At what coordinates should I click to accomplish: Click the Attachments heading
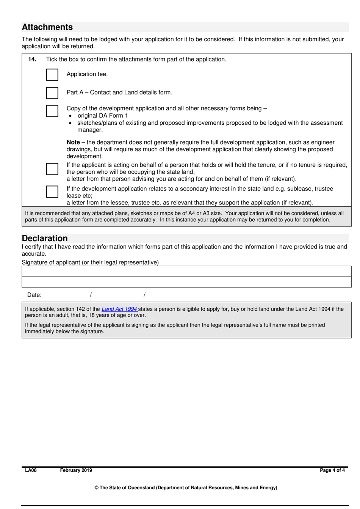[x=47, y=27]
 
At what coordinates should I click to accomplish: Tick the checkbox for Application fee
[x=52, y=75]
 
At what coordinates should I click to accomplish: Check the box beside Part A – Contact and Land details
[x=52, y=93]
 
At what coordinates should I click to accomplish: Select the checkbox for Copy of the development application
[x=52, y=111]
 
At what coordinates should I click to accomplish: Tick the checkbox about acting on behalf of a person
[x=52, y=169]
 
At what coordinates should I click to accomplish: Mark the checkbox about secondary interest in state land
[x=52, y=192]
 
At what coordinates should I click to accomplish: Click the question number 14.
[x=32, y=60]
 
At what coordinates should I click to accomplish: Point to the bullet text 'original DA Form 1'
[x=103, y=116]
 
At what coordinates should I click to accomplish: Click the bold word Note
[x=73, y=142]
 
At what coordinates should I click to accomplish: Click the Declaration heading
[x=45, y=238]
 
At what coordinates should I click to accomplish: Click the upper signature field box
[x=186, y=271]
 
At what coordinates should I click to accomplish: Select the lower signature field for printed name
[x=186, y=282]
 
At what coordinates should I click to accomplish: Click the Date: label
[x=34, y=295]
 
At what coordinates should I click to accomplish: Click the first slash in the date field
[x=91, y=295]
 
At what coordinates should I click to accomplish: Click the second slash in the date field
[x=144, y=295]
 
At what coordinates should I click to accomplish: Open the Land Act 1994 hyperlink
[x=119, y=309]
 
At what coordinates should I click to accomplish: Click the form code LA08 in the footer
[x=31, y=470]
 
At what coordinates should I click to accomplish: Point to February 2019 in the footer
[x=76, y=470]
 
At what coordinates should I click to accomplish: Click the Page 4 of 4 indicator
[x=332, y=470]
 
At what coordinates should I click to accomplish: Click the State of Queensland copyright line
[x=186, y=488]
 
